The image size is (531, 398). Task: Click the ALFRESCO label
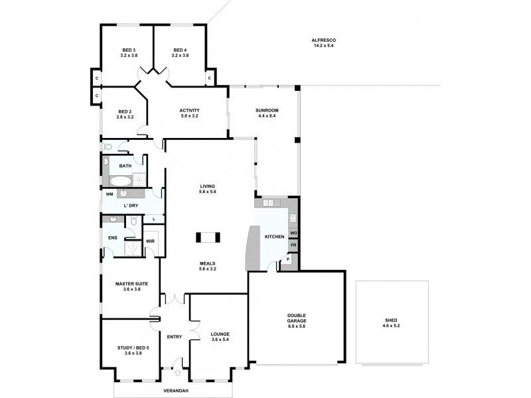(x=322, y=41)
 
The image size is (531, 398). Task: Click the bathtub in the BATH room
(x=119, y=180)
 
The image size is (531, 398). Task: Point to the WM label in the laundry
(x=109, y=195)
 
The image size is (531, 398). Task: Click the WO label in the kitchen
(x=293, y=233)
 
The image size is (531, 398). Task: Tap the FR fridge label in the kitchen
(x=293, y=245)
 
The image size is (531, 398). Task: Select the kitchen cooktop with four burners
(x=292, y=218)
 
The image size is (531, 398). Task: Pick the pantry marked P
(x=287, y=260)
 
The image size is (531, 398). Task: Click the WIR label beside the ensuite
(x=150, y=241)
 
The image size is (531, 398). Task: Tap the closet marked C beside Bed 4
(x=209, y=79)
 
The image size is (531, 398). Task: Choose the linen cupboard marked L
(x=153, y=218)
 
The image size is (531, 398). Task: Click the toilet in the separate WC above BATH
(x=108, y=147)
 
